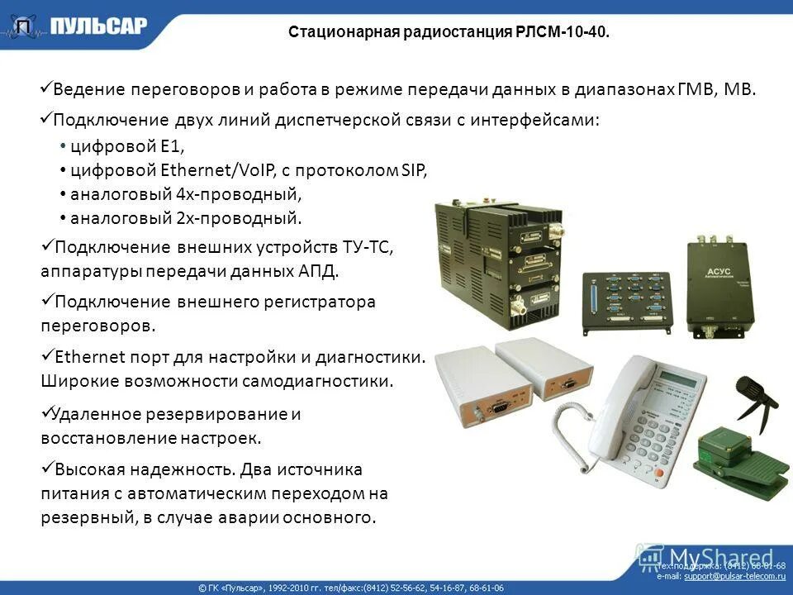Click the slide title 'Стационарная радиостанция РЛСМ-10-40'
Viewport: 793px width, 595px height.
(449, 32)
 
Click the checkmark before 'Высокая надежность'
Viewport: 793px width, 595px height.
(46, 469)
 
